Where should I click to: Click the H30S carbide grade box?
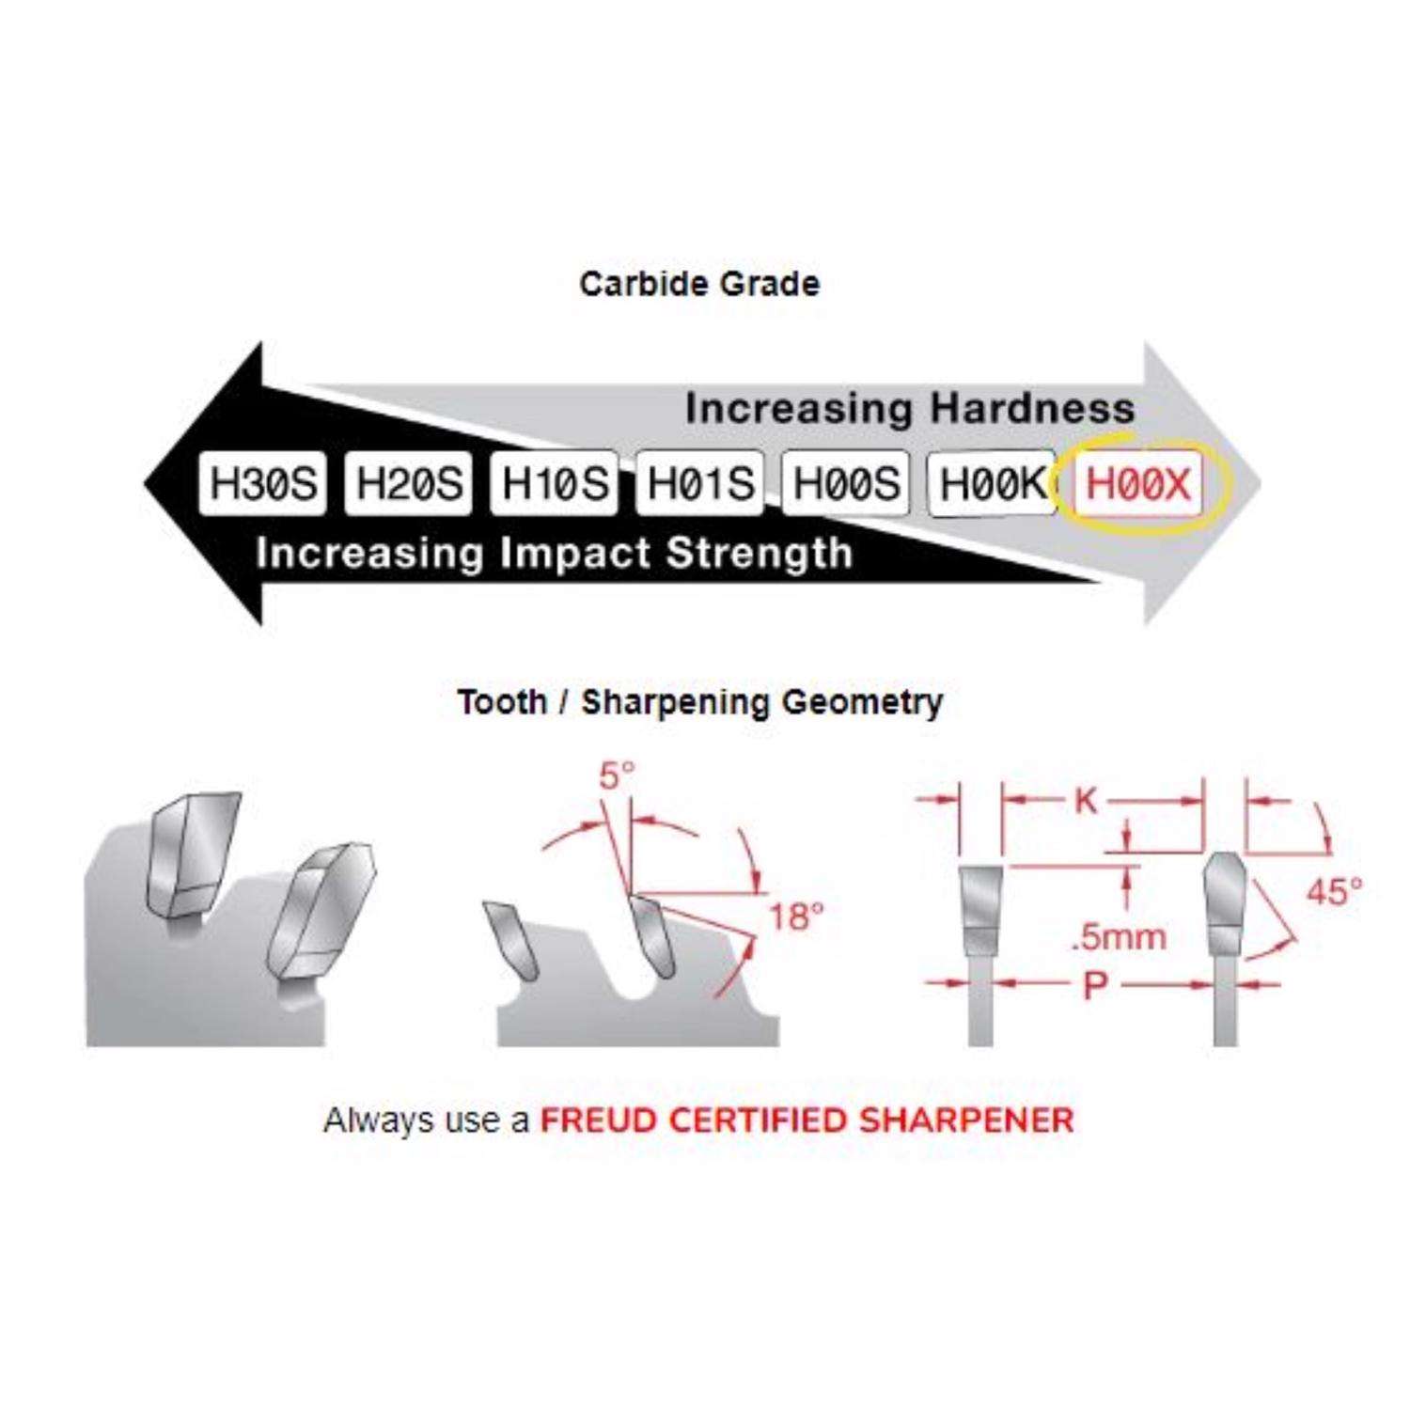263,483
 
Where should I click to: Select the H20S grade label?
409,483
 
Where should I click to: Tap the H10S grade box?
555,483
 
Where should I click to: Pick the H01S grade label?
700,483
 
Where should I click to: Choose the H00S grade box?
846,483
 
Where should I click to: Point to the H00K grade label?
992,483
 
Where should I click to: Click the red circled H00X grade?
1138,484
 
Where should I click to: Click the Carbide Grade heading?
699,284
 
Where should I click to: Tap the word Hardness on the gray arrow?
1032,408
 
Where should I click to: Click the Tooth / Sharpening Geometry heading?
699,702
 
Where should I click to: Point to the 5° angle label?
617,775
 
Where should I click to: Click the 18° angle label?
796,916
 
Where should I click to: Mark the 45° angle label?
1334,890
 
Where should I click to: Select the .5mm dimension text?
1118,936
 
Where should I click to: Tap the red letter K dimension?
1086,801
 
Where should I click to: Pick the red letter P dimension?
1095,985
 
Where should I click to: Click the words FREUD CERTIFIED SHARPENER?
807,1120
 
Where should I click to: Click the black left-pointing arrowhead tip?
145,484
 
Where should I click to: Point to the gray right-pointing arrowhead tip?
1261,484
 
